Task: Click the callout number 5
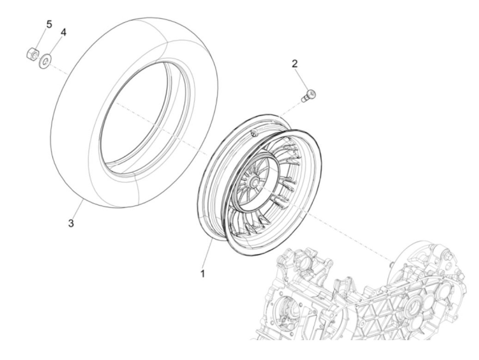click(49, 24)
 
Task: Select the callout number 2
click(294, 64)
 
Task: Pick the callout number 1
click(203, 273)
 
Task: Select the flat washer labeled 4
click(46, 61)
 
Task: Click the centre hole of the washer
click(46, 62)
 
